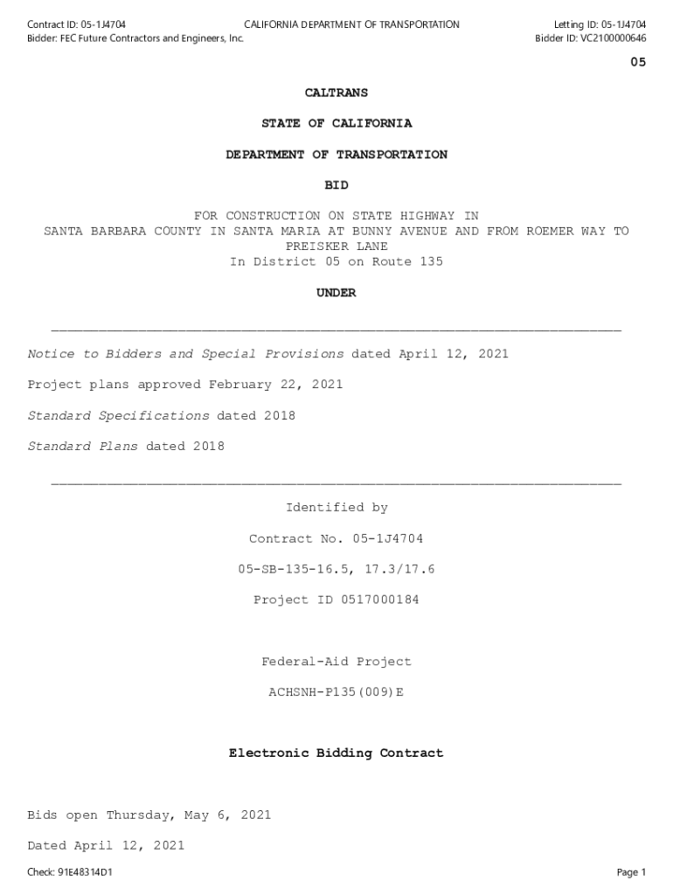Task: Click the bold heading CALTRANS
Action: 336,93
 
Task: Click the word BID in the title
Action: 336,185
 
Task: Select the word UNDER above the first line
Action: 336,294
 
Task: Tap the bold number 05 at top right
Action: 638,63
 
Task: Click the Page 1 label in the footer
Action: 631,872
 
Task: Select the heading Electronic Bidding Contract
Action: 336,753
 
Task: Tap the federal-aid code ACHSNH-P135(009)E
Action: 336,693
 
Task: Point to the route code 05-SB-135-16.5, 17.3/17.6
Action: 336,570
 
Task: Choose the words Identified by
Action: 336,508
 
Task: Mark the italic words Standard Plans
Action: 83,447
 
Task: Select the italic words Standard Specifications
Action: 119,416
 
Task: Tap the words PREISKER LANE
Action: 336,247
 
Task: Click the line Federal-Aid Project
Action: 336,663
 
